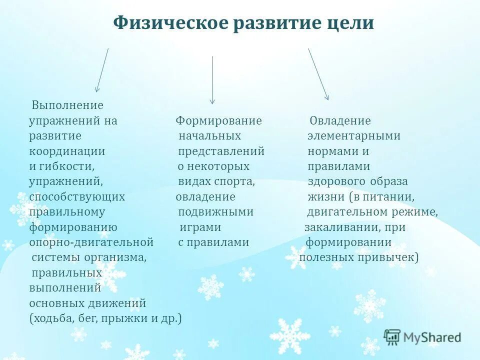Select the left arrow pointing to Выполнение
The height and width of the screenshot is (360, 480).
coord(102,70)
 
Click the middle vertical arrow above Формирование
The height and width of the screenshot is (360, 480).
coord(212,79)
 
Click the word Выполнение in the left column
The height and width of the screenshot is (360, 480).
coord(67,105)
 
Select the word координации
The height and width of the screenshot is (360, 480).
coord(67,151)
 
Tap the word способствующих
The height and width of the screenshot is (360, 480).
coord(77,196)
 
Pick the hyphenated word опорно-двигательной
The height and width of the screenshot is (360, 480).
coord(91,242)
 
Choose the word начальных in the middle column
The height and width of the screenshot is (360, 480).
coord(210,136)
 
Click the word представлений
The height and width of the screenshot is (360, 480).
coord(221,151)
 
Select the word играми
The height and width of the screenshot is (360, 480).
coord(200,227)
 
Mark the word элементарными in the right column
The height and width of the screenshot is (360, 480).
coord(353,136)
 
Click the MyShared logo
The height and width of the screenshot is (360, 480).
coord(422,337)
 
